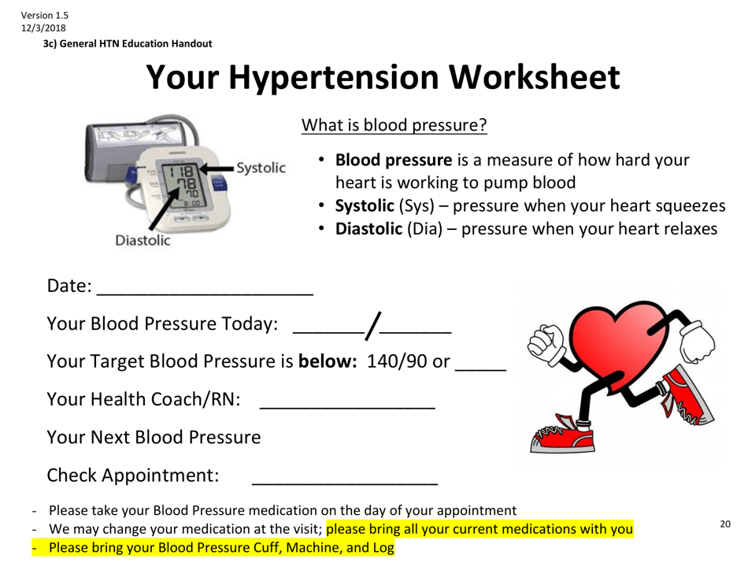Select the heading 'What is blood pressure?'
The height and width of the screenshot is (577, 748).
pyautogui.click(x=394, y=125)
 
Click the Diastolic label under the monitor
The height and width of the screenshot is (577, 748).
pyautogui.click(x=143, y=240)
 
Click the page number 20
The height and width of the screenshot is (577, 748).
pyautogui.click(x=725, y=524)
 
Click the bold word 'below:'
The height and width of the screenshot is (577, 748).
pyautogui.click(x=328, y=361)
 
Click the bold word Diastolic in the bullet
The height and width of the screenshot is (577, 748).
pyautogui.click(x=365, y=229)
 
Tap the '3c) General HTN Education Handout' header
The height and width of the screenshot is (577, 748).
pyautogui.click(x=127, y=44)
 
